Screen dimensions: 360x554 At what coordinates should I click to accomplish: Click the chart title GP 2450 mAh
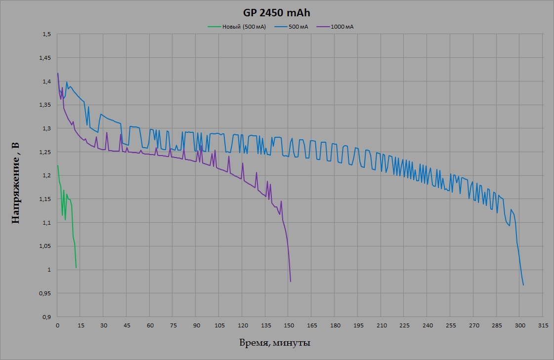point(277,13)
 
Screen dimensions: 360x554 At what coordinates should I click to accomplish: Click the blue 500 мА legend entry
point(298,27)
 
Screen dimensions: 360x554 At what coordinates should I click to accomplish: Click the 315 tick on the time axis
point(543,325)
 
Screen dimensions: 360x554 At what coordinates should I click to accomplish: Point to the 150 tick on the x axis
point(289,325)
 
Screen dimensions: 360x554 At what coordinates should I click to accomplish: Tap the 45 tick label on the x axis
point(127,325)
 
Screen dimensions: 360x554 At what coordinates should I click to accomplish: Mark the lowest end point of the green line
point(76,268)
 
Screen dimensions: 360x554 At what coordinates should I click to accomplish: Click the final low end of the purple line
point(291,281)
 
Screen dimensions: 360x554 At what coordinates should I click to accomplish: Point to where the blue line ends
point(523,285)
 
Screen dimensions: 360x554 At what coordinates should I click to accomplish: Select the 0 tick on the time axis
point(58,325)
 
